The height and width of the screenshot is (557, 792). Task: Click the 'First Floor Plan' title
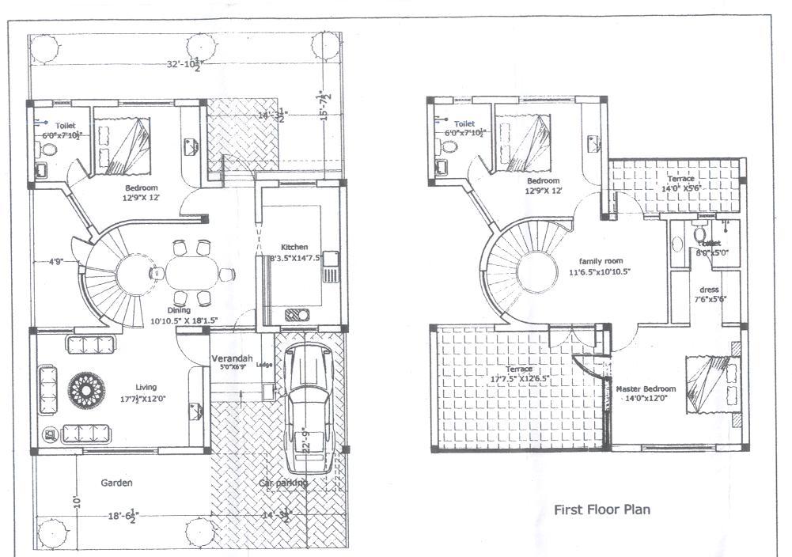(602, 510)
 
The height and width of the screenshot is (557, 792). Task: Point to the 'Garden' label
(116, 483)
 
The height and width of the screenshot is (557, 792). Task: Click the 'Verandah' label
(231, 358)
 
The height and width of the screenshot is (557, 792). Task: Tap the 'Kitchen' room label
(294, 247)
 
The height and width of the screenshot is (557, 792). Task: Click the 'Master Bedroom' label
(646, 389)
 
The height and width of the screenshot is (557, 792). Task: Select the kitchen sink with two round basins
(298, 314)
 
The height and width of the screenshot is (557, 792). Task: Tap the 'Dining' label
(178, 311)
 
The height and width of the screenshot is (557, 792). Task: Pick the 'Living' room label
(146, 387)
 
